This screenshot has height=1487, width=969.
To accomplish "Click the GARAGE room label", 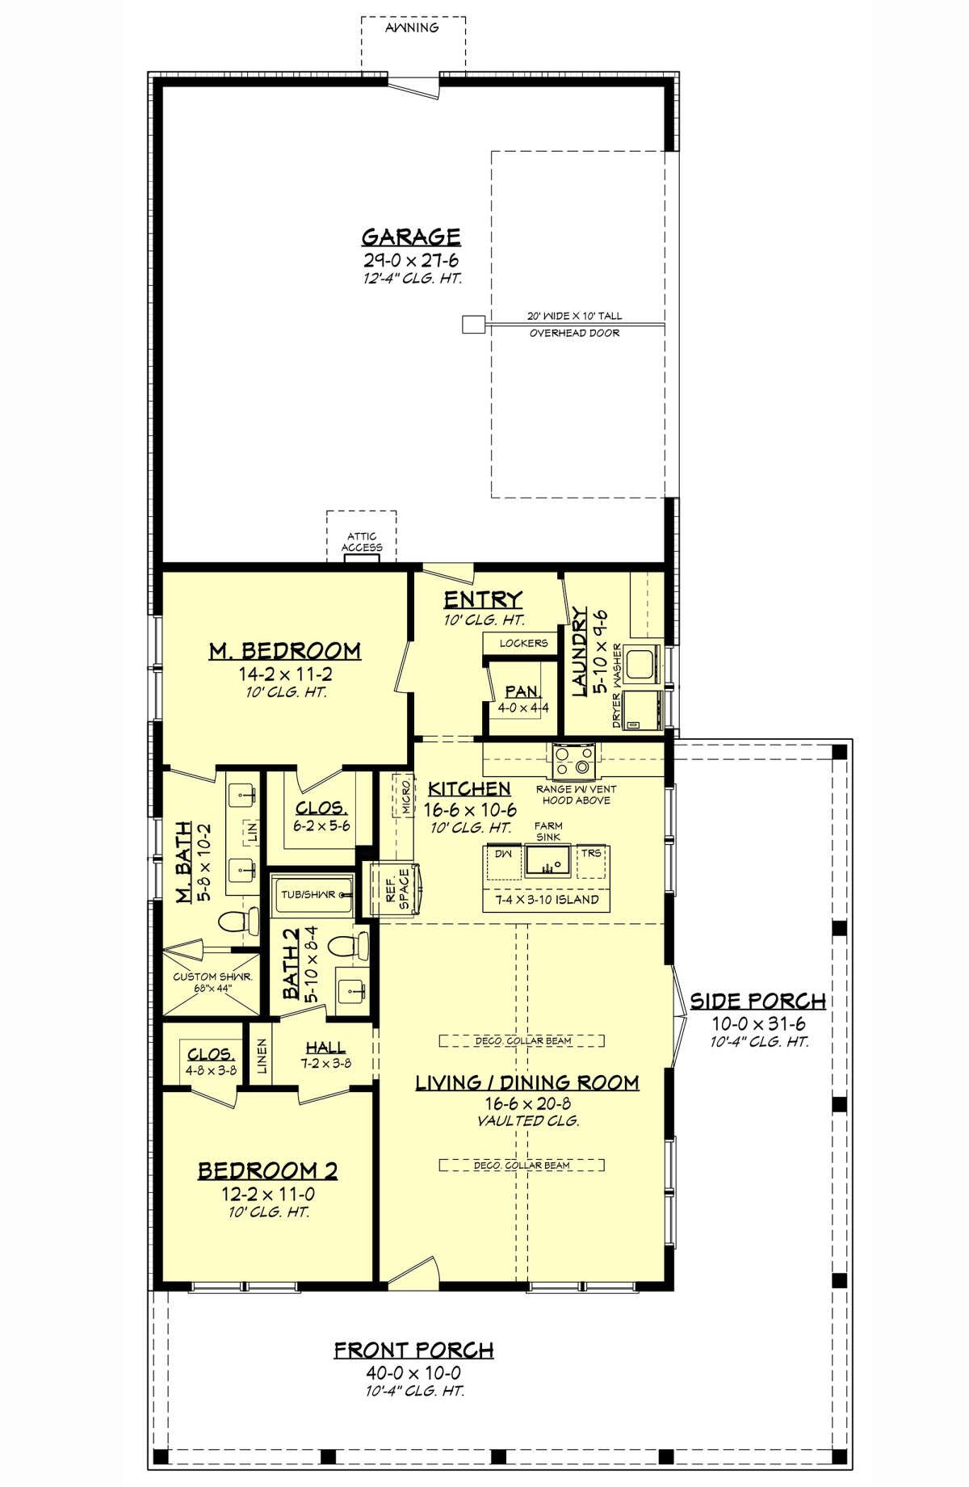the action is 411,237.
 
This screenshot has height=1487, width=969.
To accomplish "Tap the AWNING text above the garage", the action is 412,27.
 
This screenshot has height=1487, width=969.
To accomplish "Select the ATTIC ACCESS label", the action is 362,542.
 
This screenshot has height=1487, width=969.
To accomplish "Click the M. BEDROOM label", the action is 285,650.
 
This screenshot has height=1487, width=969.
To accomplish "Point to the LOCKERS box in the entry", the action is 523,644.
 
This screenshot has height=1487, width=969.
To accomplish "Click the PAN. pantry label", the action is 522,691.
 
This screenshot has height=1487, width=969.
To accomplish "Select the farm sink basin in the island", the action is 548,862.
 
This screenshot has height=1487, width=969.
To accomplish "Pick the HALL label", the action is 326,1048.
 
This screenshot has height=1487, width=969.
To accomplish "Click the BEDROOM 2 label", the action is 268,1170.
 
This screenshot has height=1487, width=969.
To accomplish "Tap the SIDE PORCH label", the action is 757,1001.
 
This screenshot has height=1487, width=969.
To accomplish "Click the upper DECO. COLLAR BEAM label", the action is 522,1041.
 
